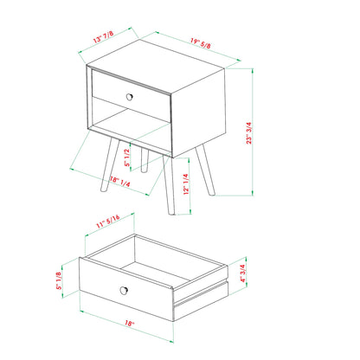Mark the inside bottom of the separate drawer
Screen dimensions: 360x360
[x=156, y=263]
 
